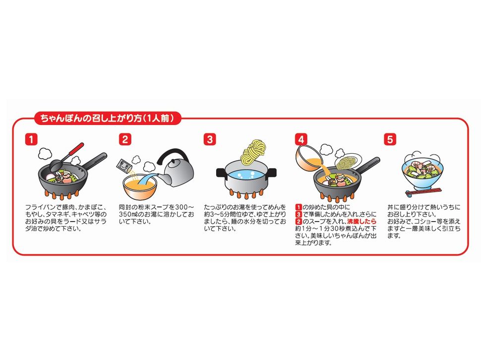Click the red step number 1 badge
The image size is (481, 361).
31,139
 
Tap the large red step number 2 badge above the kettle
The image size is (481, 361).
125,139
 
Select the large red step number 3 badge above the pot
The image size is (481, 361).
210,139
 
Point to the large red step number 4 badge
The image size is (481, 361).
301,139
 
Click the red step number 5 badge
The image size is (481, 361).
390,139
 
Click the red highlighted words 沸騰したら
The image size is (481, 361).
361,222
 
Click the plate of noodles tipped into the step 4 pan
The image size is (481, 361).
348,162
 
